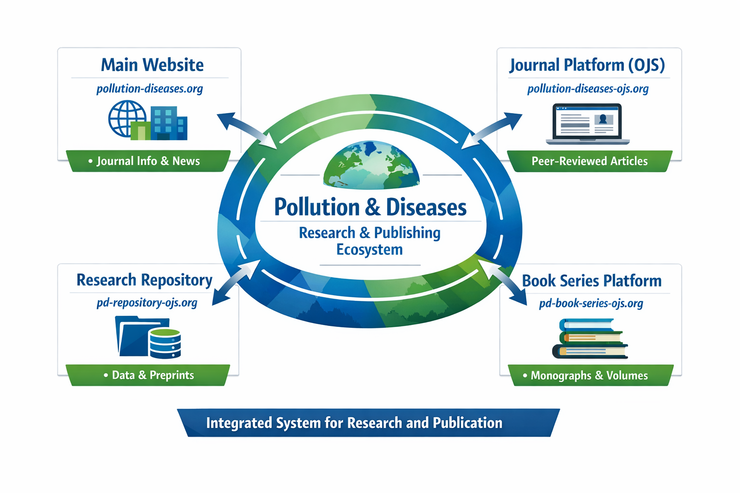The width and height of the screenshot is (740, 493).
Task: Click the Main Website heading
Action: pos(152,65)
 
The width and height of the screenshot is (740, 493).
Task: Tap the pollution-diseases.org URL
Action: pos(149,89)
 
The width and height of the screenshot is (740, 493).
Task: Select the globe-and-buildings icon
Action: pos(147,120)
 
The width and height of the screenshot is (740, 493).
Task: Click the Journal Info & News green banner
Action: pos(148,161)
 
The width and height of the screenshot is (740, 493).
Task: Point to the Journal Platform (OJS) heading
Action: pos(587,65)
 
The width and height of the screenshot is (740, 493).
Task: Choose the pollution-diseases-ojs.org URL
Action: pos(588,89)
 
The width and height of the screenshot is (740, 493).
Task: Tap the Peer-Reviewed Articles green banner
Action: pos(589,161)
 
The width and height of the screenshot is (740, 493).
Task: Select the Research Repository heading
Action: pos(144,280)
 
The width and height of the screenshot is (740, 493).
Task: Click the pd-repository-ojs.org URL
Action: pos(147,303)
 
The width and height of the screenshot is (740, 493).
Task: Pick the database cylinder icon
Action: pos(165,344)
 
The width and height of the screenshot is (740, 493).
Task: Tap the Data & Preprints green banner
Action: pos(148,376)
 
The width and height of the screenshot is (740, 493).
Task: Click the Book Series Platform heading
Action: pos(592,281)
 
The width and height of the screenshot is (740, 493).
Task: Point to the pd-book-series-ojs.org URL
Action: pos(591,304)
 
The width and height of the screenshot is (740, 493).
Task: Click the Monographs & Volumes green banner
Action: pos(589,376)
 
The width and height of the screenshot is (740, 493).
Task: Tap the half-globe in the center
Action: pos(371,165)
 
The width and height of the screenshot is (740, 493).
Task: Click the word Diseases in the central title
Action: pos(426,208)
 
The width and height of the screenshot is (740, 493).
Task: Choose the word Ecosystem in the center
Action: pos(370,250)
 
